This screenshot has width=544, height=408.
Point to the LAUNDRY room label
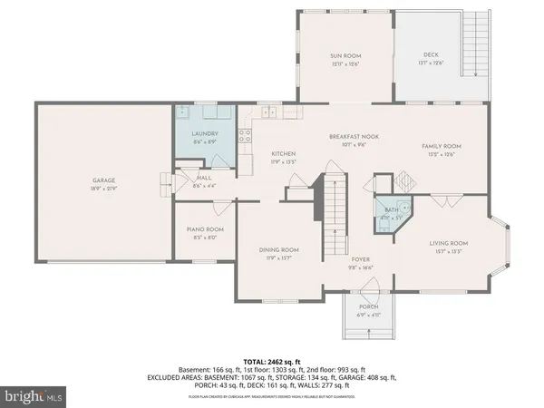[204, 135]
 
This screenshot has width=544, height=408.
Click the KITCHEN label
[284, 154]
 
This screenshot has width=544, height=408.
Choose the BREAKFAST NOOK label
[354, 136]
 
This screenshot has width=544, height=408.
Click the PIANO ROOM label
[205, 230]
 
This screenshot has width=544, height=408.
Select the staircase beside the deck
[473, 45]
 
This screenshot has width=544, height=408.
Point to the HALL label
[205, 179]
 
